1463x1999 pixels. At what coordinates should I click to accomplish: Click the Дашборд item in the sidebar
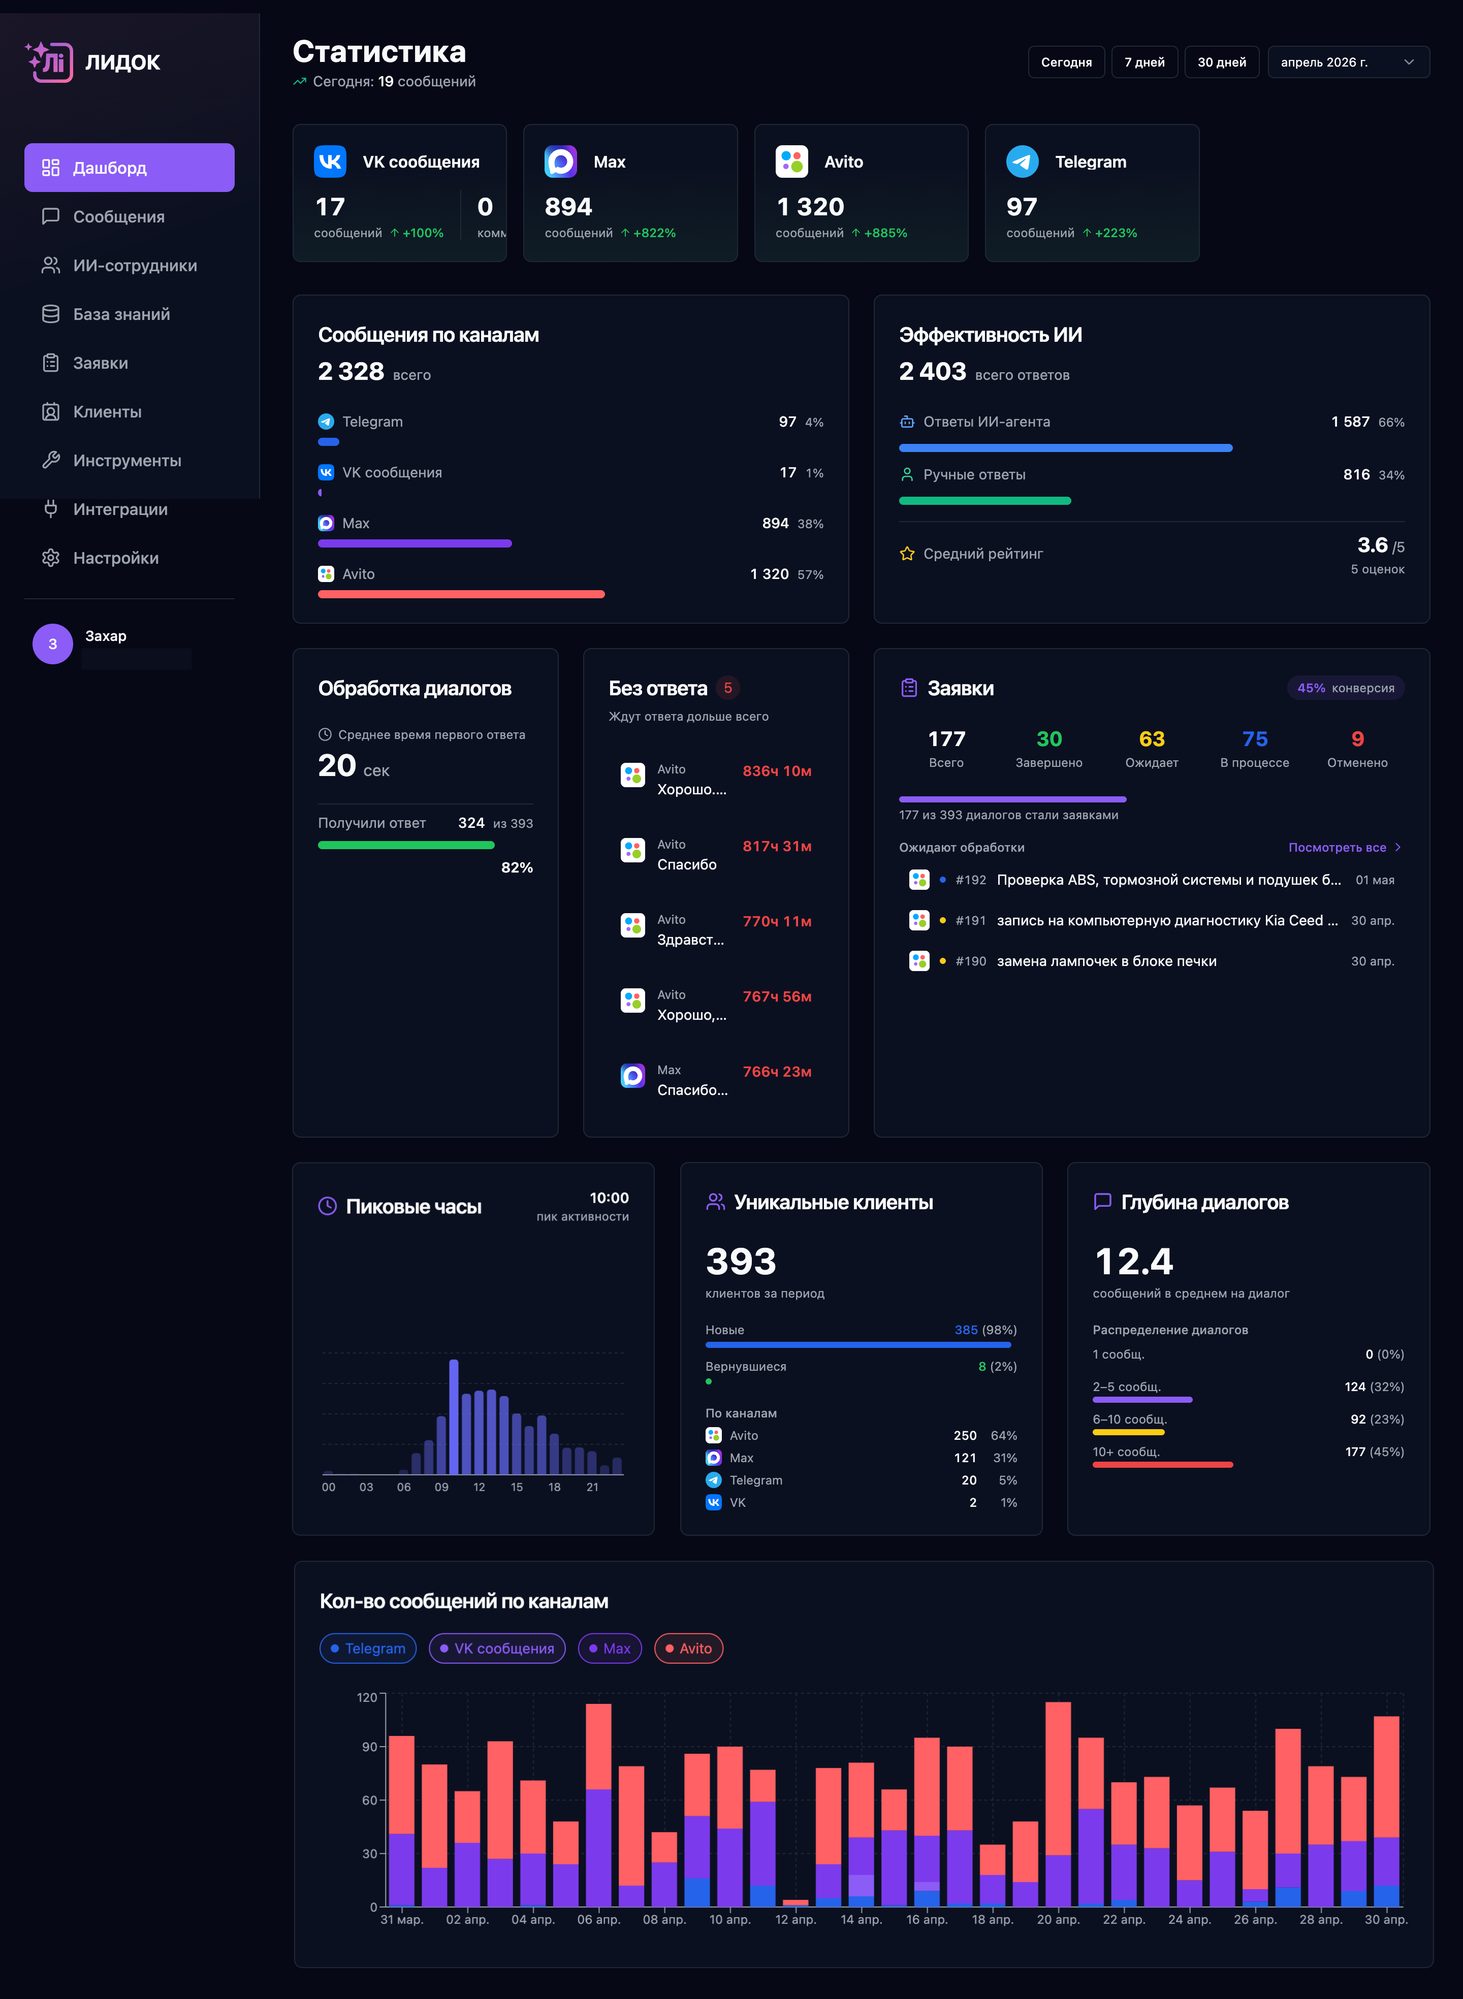coord(130,167)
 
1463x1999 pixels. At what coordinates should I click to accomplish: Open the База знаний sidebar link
coord(121,314)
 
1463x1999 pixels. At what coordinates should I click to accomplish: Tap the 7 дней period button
coord(1144,62)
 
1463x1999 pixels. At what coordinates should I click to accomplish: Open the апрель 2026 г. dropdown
coord(1348,62)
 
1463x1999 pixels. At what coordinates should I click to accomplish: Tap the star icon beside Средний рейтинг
coord(907,553)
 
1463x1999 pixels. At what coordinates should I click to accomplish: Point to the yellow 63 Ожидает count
coord(1151,739)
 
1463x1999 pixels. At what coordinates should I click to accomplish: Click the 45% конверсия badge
coord(1345,688)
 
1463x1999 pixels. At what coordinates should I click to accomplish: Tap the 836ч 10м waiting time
coord(777,771)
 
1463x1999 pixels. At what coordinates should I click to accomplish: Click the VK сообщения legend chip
coord(497,1649)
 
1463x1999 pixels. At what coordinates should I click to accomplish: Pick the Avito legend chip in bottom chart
coord(688,1649)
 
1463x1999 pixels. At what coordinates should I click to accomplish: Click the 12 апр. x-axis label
coord(796,1919)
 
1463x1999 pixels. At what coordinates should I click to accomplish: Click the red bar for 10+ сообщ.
coord(1162,1464)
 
